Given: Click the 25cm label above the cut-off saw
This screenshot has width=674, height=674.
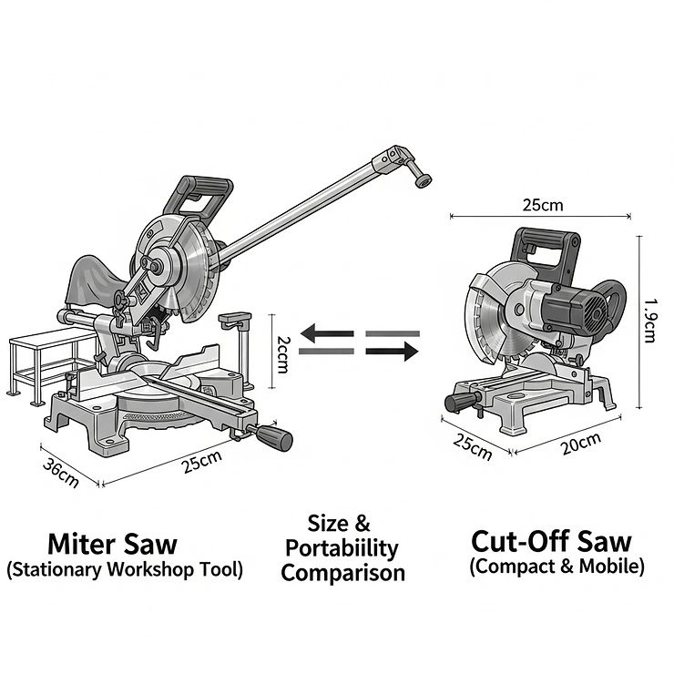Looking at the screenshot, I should click(x=542, y=205).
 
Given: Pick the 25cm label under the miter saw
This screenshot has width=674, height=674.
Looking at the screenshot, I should click(x=201, y=462).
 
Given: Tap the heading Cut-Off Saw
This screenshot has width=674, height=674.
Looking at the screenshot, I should click(x=550, y=540).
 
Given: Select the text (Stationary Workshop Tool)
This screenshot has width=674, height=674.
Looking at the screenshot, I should click(x=125, y=570).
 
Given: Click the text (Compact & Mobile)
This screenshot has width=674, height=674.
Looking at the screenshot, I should click(x=557, y=566).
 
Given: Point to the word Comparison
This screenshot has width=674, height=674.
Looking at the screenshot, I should click(x=342, y=573).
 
